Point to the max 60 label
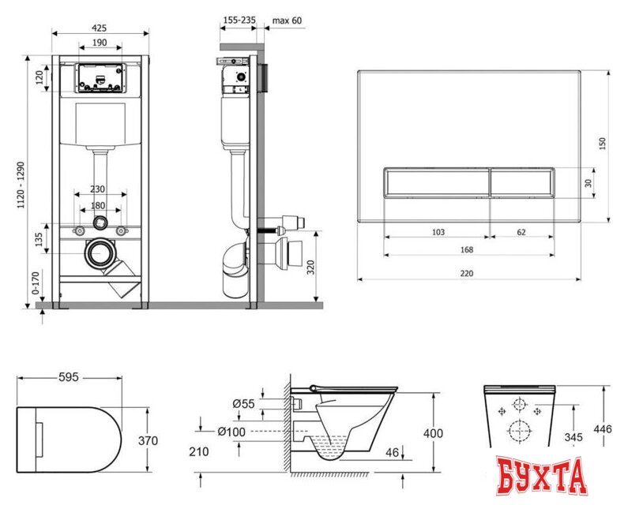(286, 20)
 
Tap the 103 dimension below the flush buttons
(438, 232)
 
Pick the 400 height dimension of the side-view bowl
(433, 433)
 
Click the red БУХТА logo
(542, 476)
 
